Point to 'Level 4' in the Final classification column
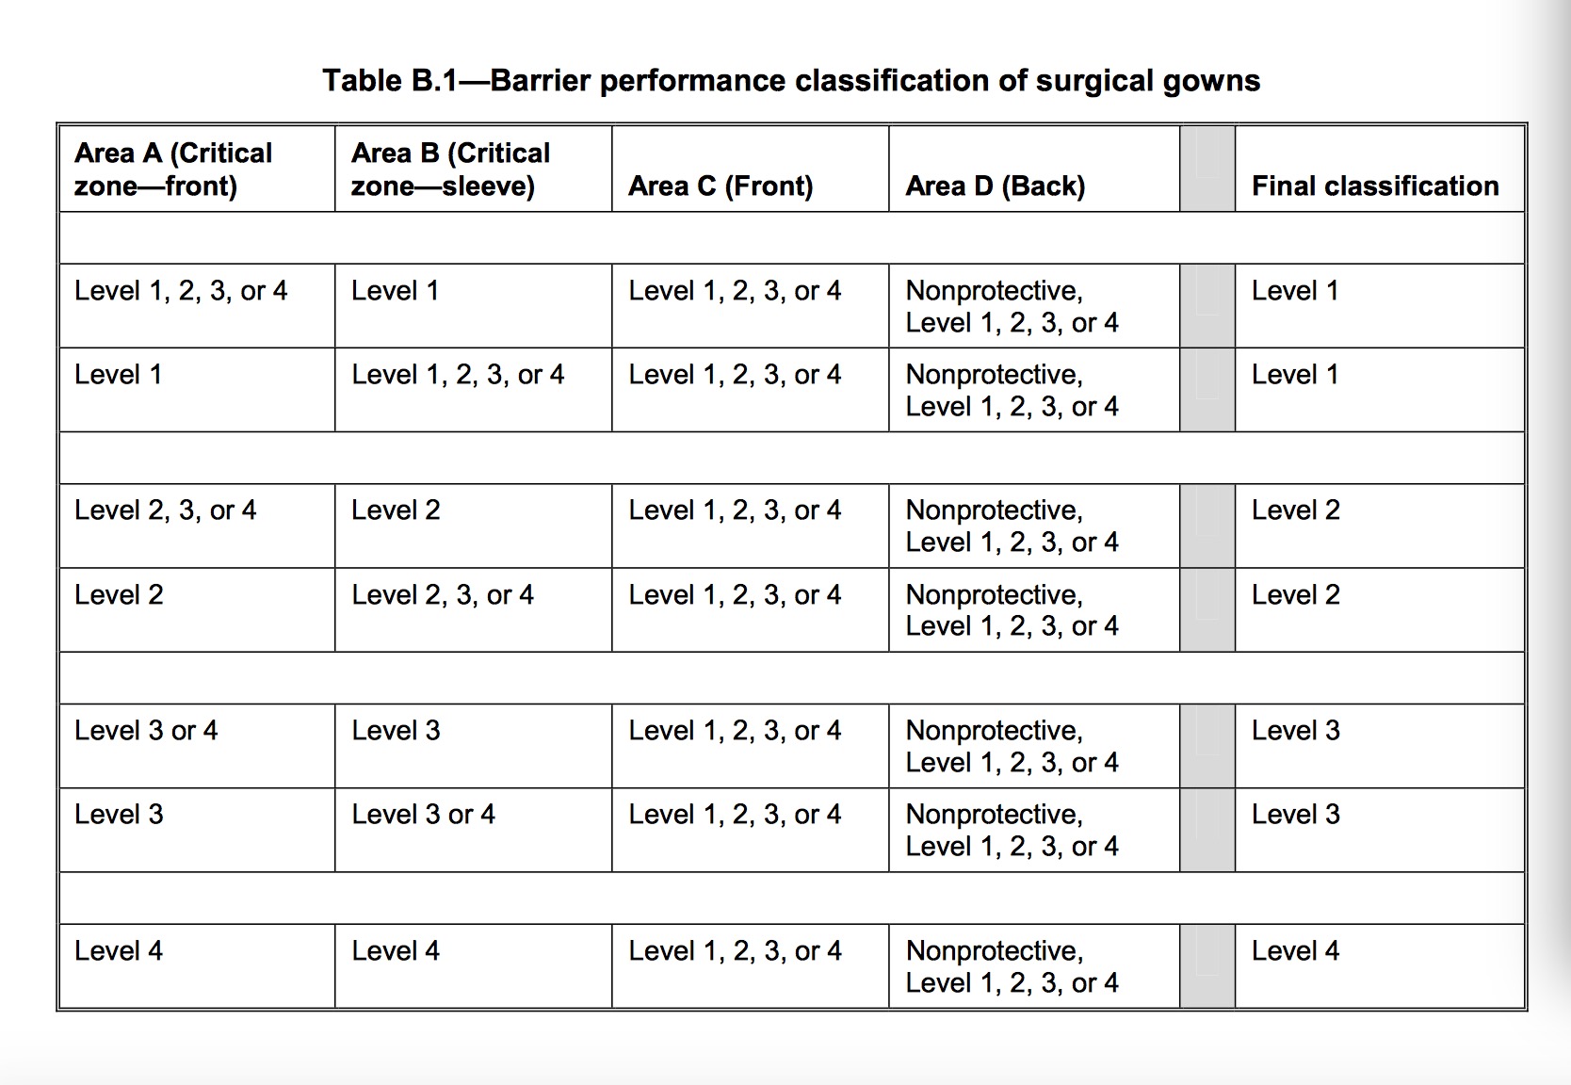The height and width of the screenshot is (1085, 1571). point(1295,950)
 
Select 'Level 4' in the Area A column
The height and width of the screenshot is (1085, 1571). point(119,950)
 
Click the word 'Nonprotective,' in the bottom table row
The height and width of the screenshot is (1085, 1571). point(995,951)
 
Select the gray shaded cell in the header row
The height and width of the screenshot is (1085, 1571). point(1207,169)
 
